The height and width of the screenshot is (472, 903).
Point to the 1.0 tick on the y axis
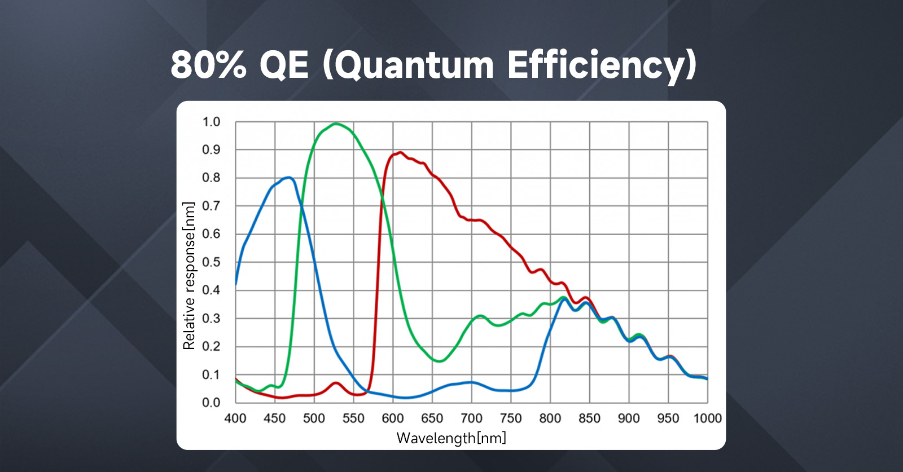211,122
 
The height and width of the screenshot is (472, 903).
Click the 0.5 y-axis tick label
211,262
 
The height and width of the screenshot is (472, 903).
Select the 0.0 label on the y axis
211,403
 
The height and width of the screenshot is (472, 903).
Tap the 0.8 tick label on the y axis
211,178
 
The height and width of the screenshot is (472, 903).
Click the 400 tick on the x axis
235,418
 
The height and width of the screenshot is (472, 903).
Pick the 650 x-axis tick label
432,418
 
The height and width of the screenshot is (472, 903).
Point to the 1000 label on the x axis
707,418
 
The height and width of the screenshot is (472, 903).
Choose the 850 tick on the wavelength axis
589,418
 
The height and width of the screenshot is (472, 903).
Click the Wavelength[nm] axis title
451,438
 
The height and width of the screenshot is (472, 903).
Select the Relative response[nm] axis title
189,276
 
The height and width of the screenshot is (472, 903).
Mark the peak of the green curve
336,123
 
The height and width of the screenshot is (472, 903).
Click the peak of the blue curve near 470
289,178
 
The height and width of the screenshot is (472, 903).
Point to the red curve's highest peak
400,152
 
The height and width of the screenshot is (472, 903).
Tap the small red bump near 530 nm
336,383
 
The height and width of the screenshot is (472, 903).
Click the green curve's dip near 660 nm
439,361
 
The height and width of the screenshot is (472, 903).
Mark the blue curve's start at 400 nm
236,285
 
